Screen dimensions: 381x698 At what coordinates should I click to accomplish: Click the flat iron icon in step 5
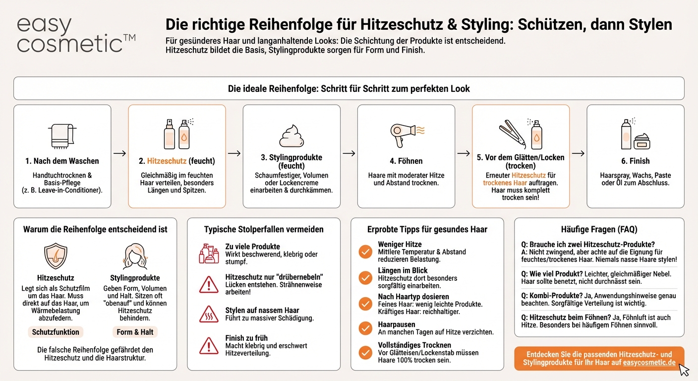[512, 133]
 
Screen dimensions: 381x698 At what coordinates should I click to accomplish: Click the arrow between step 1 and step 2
[119, 153]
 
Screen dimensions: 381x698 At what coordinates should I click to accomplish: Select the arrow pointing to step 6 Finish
[578, 153]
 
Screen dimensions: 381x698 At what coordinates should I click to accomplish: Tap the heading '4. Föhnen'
[406, 161]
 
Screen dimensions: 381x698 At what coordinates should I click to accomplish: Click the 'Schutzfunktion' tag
[56, 332]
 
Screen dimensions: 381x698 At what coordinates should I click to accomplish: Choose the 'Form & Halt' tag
[135, 332]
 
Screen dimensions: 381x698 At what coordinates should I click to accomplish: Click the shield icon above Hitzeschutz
[56, 256]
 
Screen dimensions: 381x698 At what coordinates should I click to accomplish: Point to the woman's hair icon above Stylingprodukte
[135, 256]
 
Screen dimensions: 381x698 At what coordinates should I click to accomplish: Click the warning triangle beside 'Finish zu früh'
[209, 345]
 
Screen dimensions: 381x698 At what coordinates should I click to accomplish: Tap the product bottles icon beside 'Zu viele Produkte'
[209, 253]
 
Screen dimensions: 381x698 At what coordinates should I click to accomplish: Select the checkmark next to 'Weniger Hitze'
[365, 252]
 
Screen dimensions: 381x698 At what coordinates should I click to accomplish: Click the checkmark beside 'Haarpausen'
[365, 328]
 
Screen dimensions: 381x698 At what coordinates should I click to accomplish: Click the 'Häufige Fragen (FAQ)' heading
[599, 229]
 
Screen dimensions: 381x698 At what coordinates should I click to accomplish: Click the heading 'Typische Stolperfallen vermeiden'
[264, 229]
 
